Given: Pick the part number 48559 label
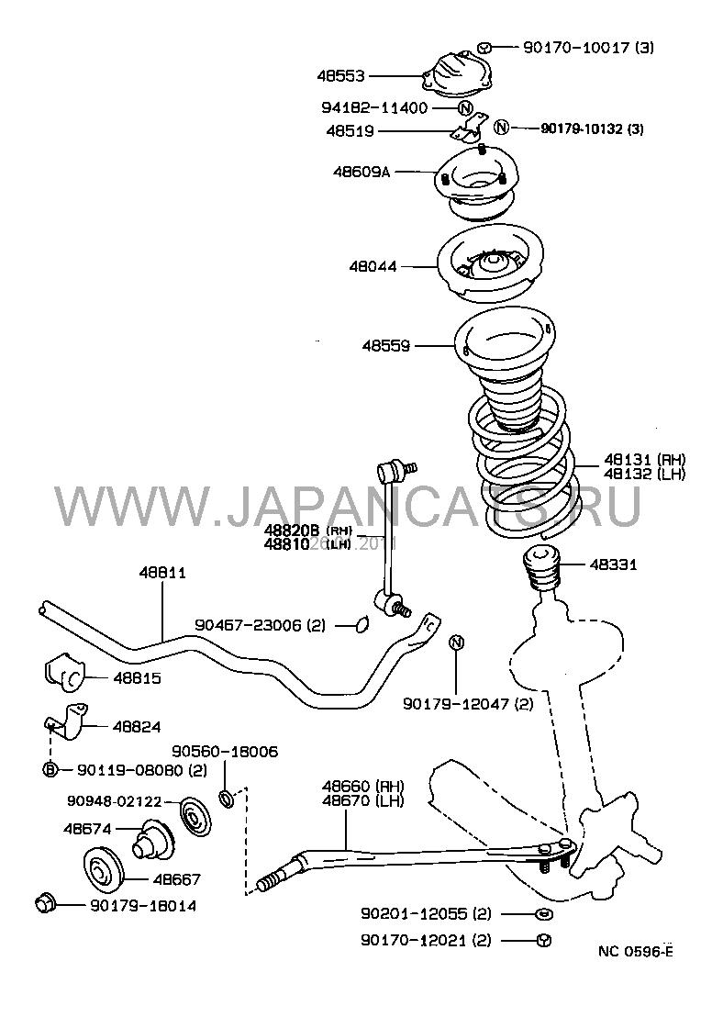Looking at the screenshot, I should [385, 346].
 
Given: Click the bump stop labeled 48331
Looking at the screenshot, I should [540, 569].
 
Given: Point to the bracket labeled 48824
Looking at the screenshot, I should [69, 723].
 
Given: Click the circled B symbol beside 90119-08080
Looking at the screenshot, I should [50, 769].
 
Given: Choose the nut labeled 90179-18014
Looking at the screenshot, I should [44, 904].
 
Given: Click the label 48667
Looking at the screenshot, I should [176, 879].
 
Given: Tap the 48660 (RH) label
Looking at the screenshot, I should [362, 787].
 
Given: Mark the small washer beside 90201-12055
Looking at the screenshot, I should [541, 914].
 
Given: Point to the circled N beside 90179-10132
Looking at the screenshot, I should [501, 128].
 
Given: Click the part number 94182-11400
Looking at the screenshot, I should [373, 107].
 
